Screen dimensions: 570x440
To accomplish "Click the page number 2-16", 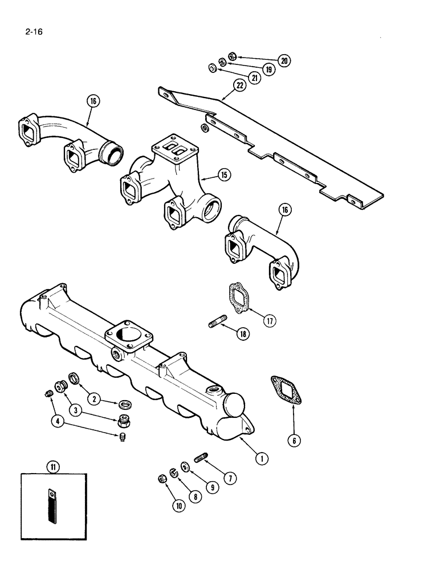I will (34, 32).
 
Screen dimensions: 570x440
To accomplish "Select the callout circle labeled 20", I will (284, 60).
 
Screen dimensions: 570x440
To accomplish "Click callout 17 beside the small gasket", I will (268, 320).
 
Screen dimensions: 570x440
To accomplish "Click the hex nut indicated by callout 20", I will (231, 56).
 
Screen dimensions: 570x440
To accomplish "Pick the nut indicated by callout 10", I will (162, 478).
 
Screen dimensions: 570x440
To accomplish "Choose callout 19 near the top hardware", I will (268, 70).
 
